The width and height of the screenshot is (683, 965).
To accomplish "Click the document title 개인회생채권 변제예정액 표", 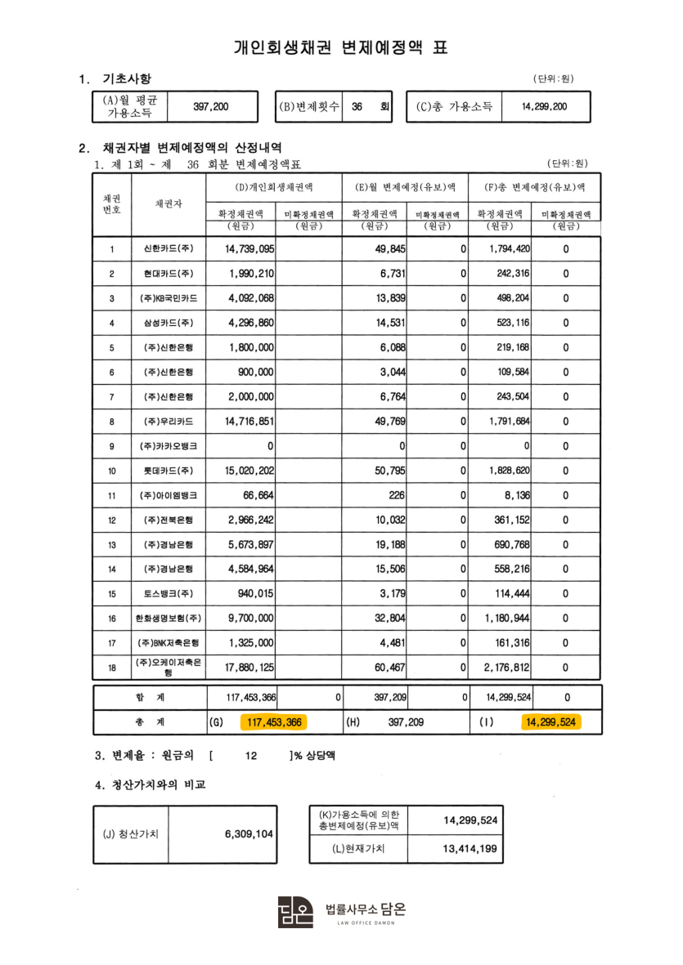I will (x=341, y=47).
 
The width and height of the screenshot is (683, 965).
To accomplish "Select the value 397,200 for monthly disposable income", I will (x=210, y=106).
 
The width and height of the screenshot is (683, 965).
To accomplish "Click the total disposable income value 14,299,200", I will (x=544, y=106).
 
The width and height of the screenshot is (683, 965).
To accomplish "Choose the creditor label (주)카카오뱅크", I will (x=168, y=446).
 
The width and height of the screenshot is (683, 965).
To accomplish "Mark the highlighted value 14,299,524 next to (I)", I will (x=550, y=722).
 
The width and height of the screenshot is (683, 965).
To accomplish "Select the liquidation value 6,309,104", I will (x=249, y=834).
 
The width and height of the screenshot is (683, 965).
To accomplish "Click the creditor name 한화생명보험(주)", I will (x=168, y=619).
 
